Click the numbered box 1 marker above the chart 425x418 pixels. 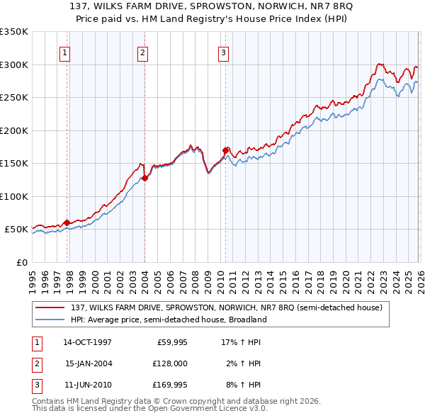[x=64, y=52]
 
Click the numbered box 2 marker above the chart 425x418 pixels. [x=142, y=52]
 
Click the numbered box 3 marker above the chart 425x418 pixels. [x=223, y=52]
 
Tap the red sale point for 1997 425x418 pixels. [x=67, y=222]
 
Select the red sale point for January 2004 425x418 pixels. [x=144, y=178]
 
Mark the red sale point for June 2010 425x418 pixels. [x=225, y=150]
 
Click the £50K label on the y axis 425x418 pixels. [x=16, y=230]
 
